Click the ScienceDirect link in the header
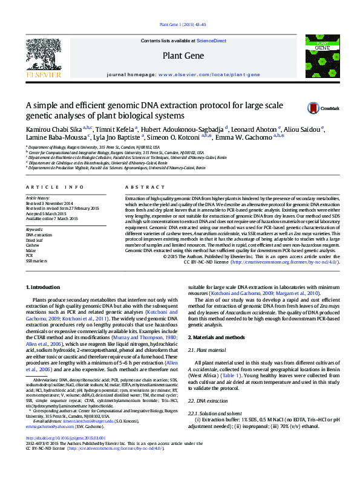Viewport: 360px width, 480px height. pos(212,41)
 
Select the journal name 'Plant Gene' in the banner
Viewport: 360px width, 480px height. pos(179,55)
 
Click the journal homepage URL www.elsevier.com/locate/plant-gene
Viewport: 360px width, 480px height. pos(209,75)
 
